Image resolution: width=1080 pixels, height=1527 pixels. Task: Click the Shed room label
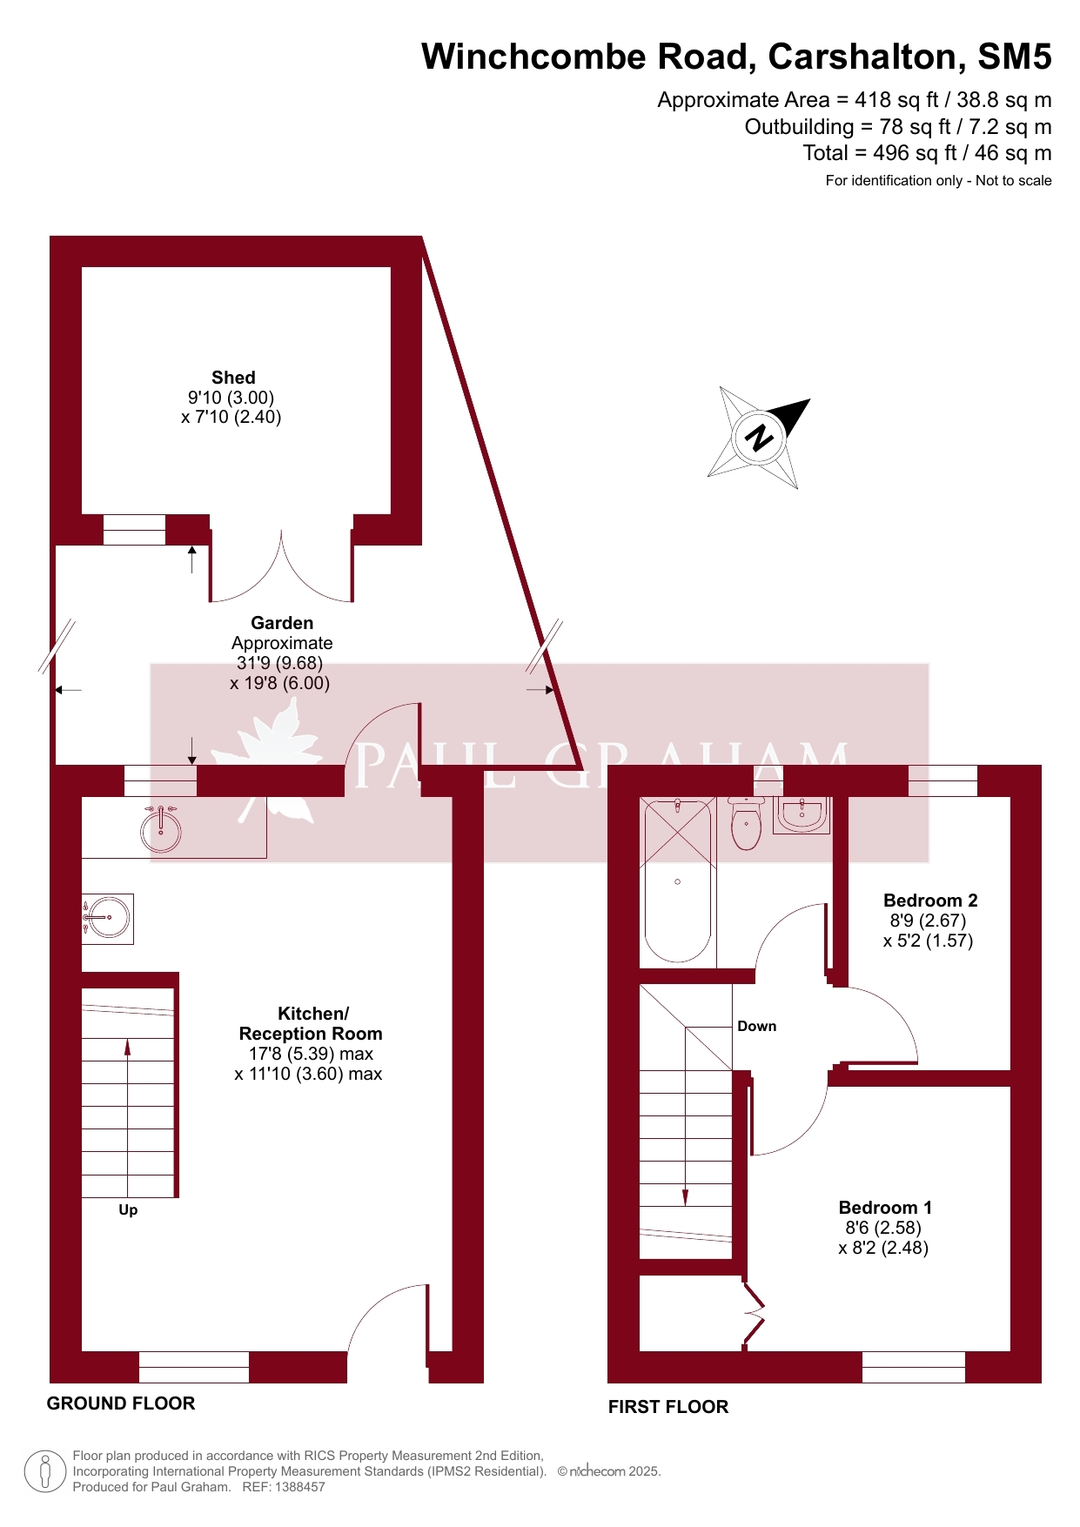233,378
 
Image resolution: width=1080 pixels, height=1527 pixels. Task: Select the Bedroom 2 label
930,901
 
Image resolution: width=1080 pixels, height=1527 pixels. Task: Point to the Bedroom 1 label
885,1208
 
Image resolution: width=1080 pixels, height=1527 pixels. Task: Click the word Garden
282,623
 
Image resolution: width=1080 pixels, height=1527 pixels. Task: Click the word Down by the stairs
757,1027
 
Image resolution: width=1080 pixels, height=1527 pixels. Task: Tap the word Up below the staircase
128,1210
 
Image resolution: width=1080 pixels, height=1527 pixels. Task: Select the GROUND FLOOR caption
121,1403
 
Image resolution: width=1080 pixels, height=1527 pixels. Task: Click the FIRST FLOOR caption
668,1407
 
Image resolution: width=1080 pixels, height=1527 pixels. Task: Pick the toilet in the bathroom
747,823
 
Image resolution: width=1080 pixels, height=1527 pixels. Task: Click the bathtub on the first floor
678,881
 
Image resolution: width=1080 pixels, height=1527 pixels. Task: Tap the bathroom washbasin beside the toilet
802,814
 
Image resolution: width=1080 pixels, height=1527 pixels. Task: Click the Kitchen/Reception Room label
311,1023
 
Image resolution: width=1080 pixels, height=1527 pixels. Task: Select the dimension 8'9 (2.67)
928,921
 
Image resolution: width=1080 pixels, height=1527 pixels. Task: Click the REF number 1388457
301,1487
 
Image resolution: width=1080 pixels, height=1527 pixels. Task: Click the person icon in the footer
45,1471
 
